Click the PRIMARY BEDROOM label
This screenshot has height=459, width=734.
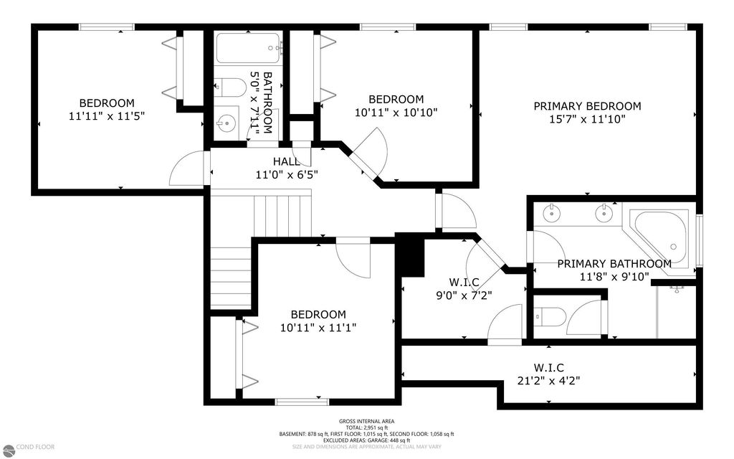point(587,106)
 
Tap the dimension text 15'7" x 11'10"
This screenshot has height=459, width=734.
point(587,120)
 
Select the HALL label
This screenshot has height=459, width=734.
point(285,161)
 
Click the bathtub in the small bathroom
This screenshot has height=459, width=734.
point(248,49)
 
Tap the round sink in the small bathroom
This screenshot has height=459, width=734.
point(226,121)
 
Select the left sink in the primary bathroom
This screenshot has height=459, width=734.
point(553,212)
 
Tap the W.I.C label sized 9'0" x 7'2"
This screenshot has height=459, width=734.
point(464,281)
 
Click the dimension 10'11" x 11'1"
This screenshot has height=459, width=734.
point(318,328)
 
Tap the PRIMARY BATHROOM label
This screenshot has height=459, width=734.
point(614,264)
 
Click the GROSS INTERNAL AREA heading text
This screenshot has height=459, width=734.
point(366,422)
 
